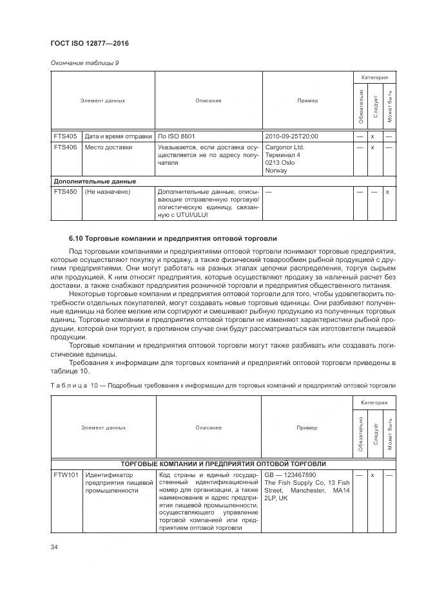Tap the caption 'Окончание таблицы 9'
(84, 62)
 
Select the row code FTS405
(66, 136)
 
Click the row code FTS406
(66, 147)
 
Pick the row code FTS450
(66, 192)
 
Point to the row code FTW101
(66, 475)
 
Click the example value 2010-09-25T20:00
(291, 136)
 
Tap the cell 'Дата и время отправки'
(118, 136)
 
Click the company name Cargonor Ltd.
(285, 147)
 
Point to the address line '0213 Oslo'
(280, 162)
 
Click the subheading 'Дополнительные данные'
(94, 182)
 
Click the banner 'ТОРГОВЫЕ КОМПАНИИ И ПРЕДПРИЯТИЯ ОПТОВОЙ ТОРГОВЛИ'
(223, 464)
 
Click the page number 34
(53, 547)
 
